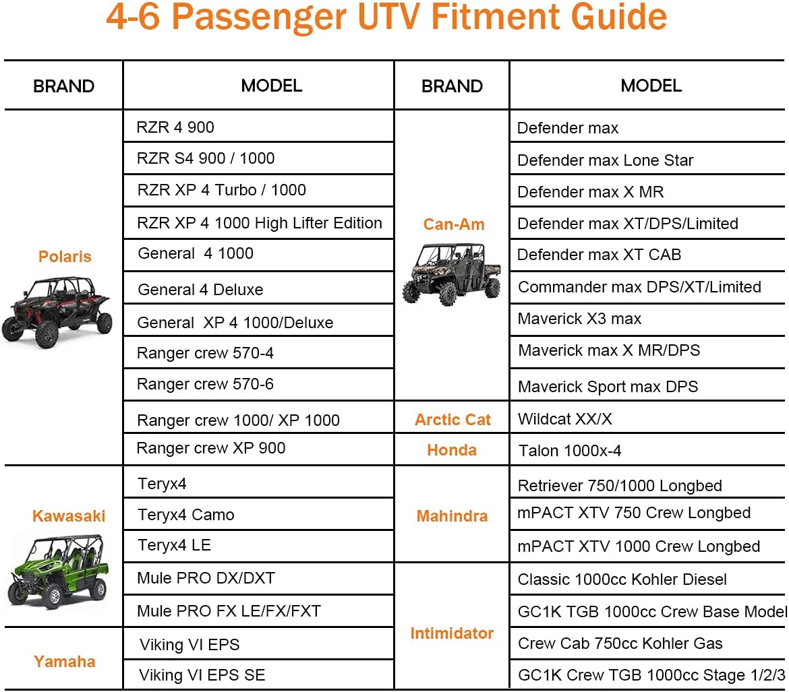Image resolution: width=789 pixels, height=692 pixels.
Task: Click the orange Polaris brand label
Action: tap(65, 257)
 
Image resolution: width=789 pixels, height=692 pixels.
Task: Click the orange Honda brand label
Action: tap(451, 450)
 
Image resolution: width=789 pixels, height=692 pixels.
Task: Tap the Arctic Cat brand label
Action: tap(452, 420)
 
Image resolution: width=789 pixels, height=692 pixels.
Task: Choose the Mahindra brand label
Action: tap(452, 516)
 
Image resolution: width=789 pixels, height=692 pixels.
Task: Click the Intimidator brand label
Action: tap(452, 633)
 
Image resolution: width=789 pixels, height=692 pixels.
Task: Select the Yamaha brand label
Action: tap(65, 661)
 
